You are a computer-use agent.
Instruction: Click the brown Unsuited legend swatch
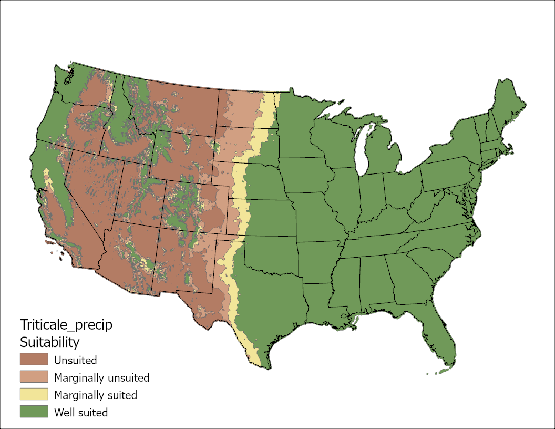coord(34,360)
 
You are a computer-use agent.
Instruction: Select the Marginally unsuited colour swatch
coord(34,377)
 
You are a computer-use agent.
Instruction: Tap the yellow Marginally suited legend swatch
coord(34,394)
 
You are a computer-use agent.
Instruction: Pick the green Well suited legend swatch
coord(34,412)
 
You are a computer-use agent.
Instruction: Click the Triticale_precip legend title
coord(66,324)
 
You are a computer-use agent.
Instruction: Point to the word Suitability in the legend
coord(49,342)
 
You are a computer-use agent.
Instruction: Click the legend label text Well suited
coord(81,412)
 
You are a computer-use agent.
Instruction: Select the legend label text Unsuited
coord(75,360)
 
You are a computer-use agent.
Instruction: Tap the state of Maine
coord(508,105)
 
